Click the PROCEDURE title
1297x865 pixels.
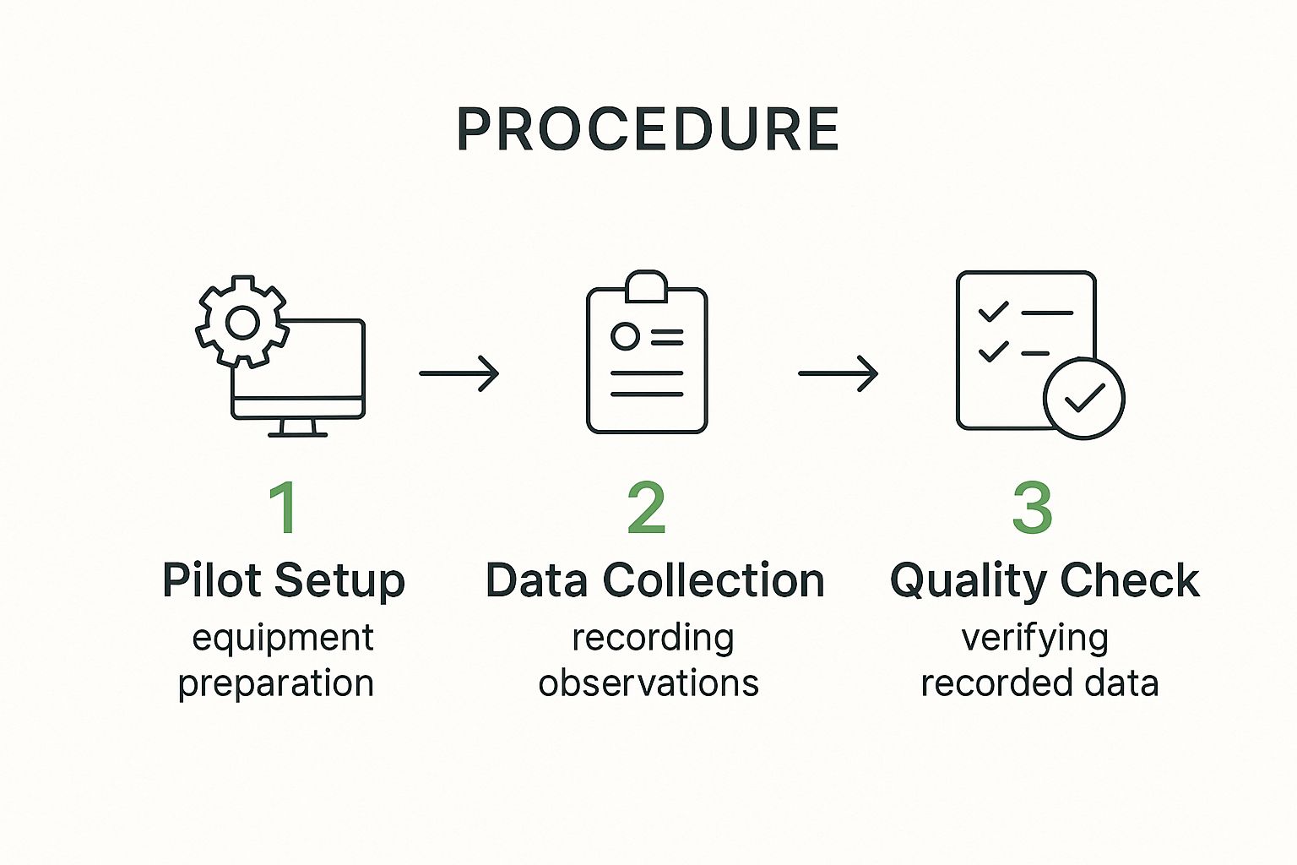[648, 130]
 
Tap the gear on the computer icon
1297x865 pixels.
[242, 322]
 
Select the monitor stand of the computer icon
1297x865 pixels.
[297, 427]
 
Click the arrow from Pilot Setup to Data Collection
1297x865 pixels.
[459, 373]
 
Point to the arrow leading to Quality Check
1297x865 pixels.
[838, 373]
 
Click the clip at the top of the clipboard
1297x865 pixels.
[647, 286]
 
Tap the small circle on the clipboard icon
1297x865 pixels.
[625, 336]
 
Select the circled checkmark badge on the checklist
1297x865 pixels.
[1083, 398]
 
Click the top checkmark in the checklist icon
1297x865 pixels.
[993, 312]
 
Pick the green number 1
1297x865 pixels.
[284, 508]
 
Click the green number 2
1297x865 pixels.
[647, 508]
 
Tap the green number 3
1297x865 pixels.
[1032, 508]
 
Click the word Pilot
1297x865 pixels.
[212, 580]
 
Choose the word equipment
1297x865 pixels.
[283, 639]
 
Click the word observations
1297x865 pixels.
[648, 683]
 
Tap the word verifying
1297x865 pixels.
[1035, 639]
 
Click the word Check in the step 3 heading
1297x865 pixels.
[1130, 580]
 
